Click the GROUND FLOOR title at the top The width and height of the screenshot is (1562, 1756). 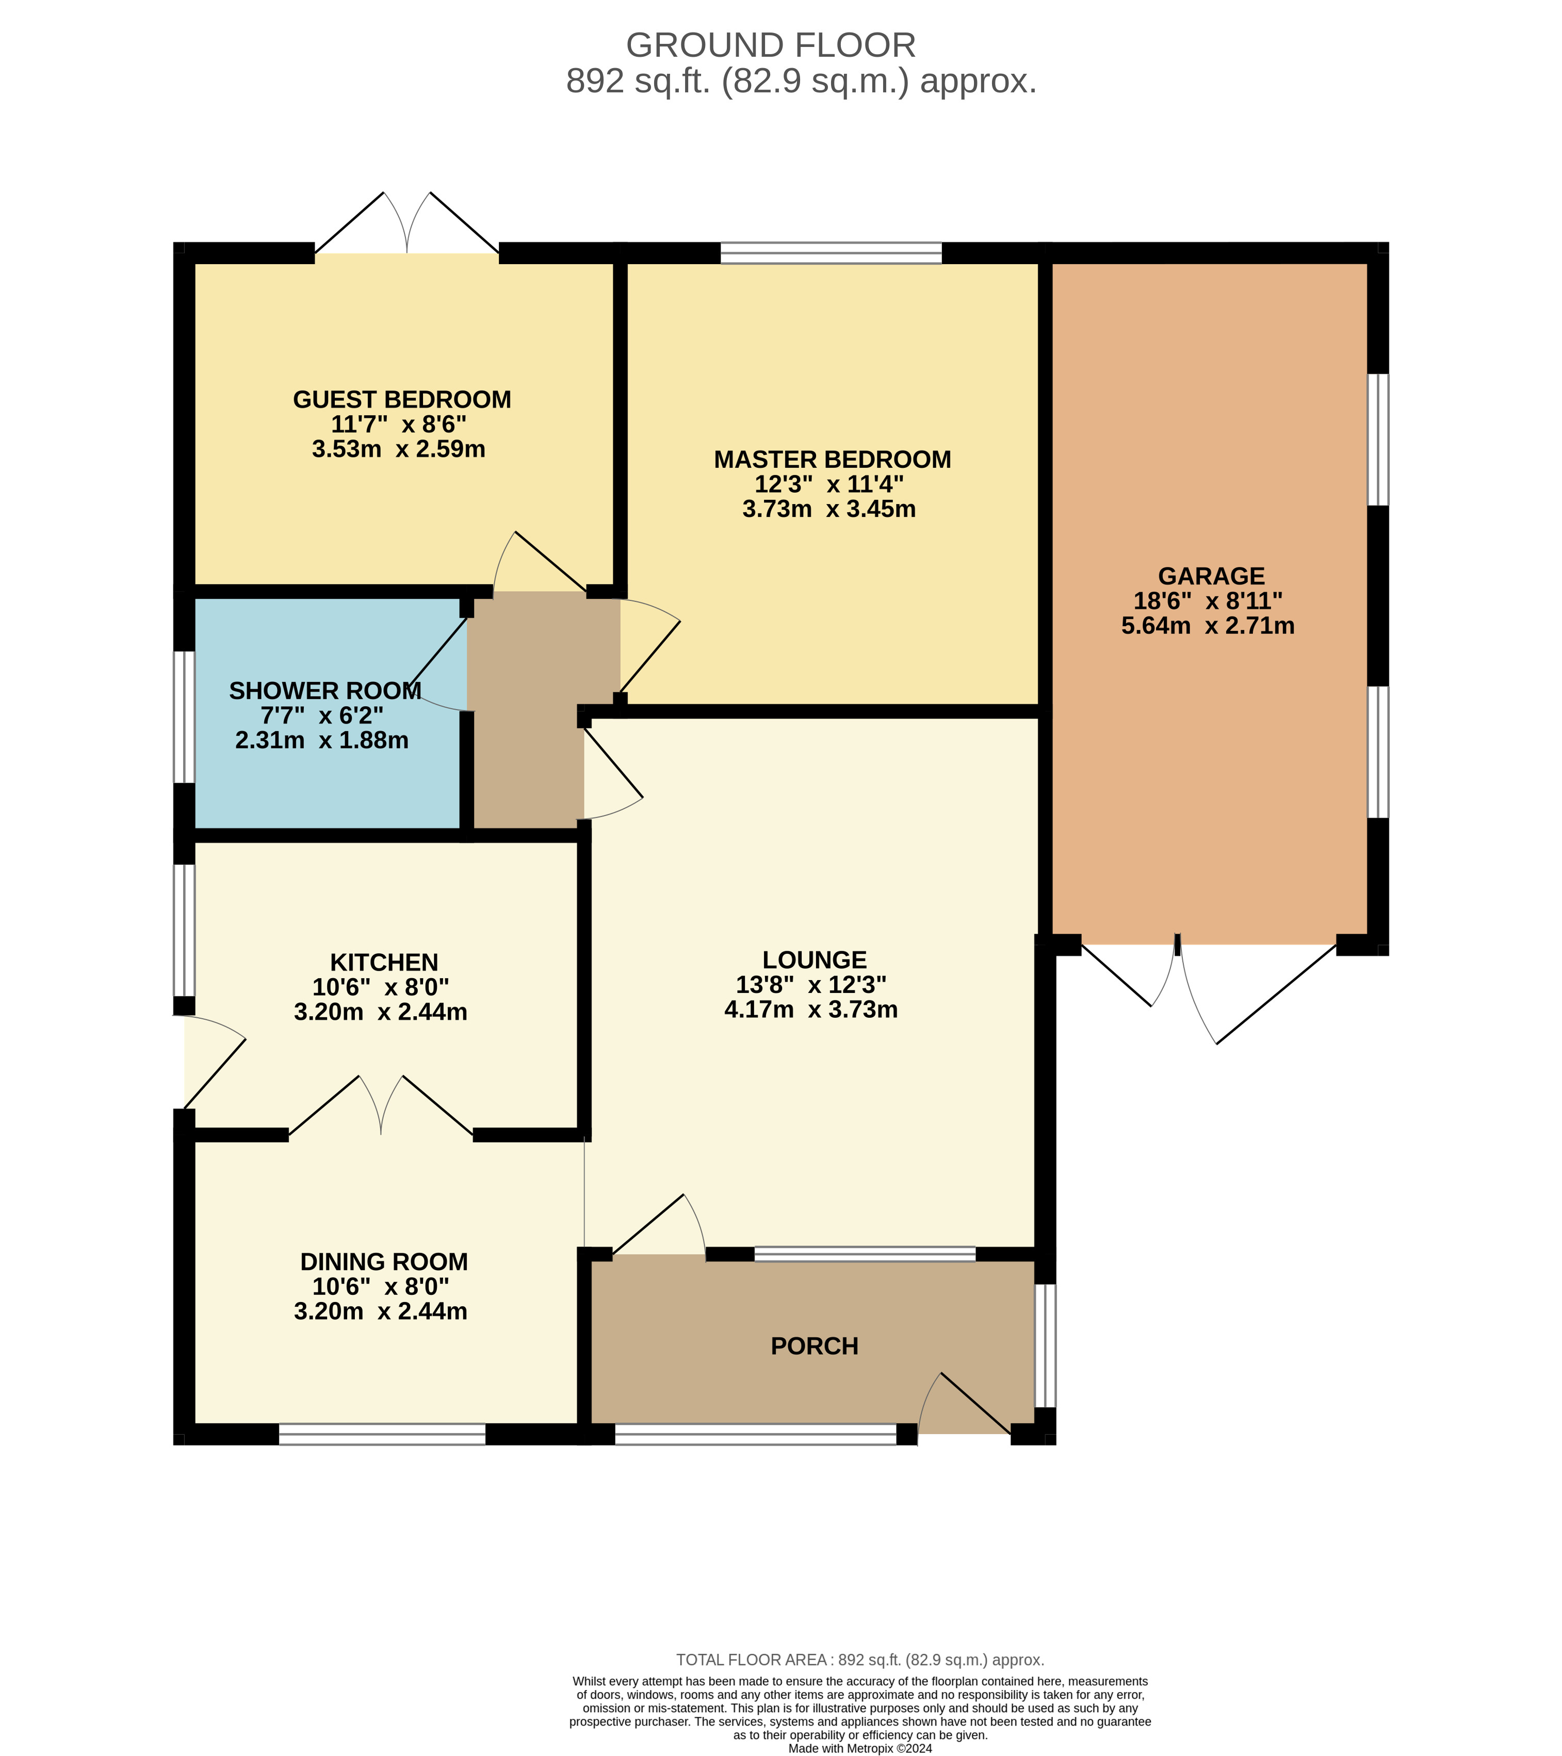click(x=771, y=45)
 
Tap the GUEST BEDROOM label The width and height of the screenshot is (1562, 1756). click(x=402, y=399)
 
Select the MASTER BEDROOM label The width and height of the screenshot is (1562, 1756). click(x=833, y=460)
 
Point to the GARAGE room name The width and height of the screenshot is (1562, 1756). click(x=1211, y=576)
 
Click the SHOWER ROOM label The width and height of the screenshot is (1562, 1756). click(x=326, y=691)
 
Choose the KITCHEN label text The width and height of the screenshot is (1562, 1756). click(x=384, y=962)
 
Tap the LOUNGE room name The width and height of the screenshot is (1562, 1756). click(x=815, y=960)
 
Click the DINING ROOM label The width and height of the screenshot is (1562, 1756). click(x=384, y=1262)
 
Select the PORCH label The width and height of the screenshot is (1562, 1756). click(x=815, y=1346)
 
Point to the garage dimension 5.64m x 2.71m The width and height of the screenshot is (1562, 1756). click(x=1208, y=625)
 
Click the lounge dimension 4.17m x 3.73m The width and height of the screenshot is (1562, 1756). click(x=811, y=1010)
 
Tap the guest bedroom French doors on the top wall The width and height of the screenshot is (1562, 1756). click(x=407, y=223)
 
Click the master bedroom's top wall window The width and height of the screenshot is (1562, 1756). click(x=831, y=253)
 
